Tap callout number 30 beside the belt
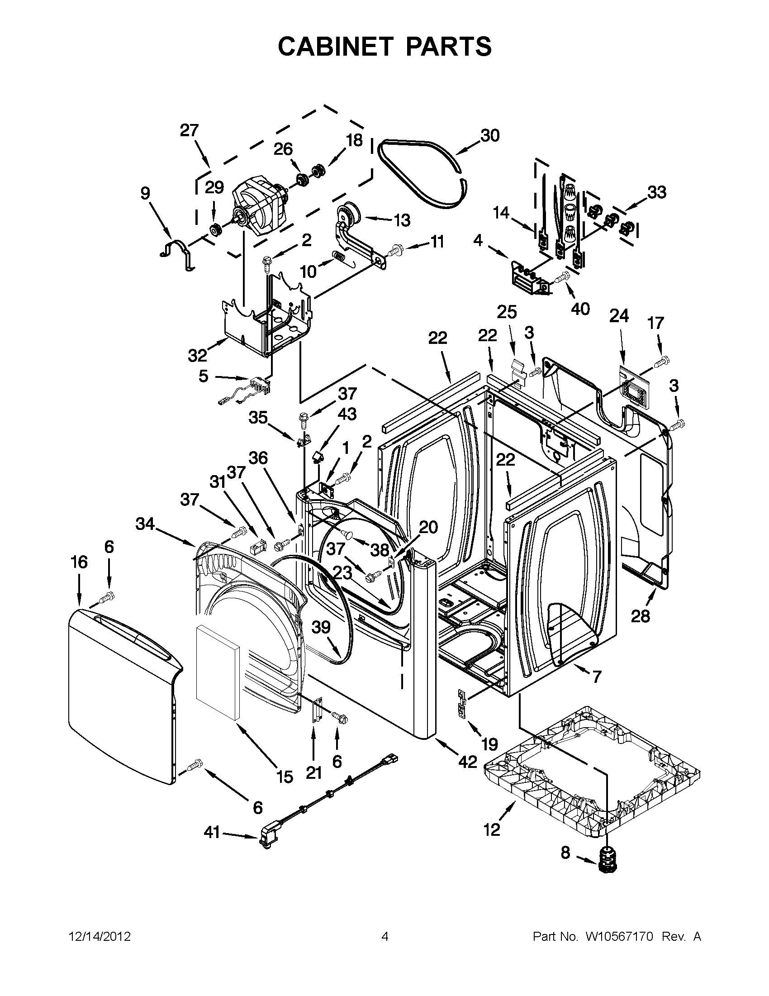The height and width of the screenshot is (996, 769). [x=490, y=135]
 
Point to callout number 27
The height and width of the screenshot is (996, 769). [x=189, y=130]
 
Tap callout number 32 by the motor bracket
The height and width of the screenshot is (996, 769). [x=197, y=355]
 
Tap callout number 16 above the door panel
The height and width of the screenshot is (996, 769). [x=79, y=562]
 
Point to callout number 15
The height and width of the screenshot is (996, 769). [x=285, y=777]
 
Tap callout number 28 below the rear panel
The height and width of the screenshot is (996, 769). [x=640, y=617]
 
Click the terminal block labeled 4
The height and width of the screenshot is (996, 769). [x=529, y=278]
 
